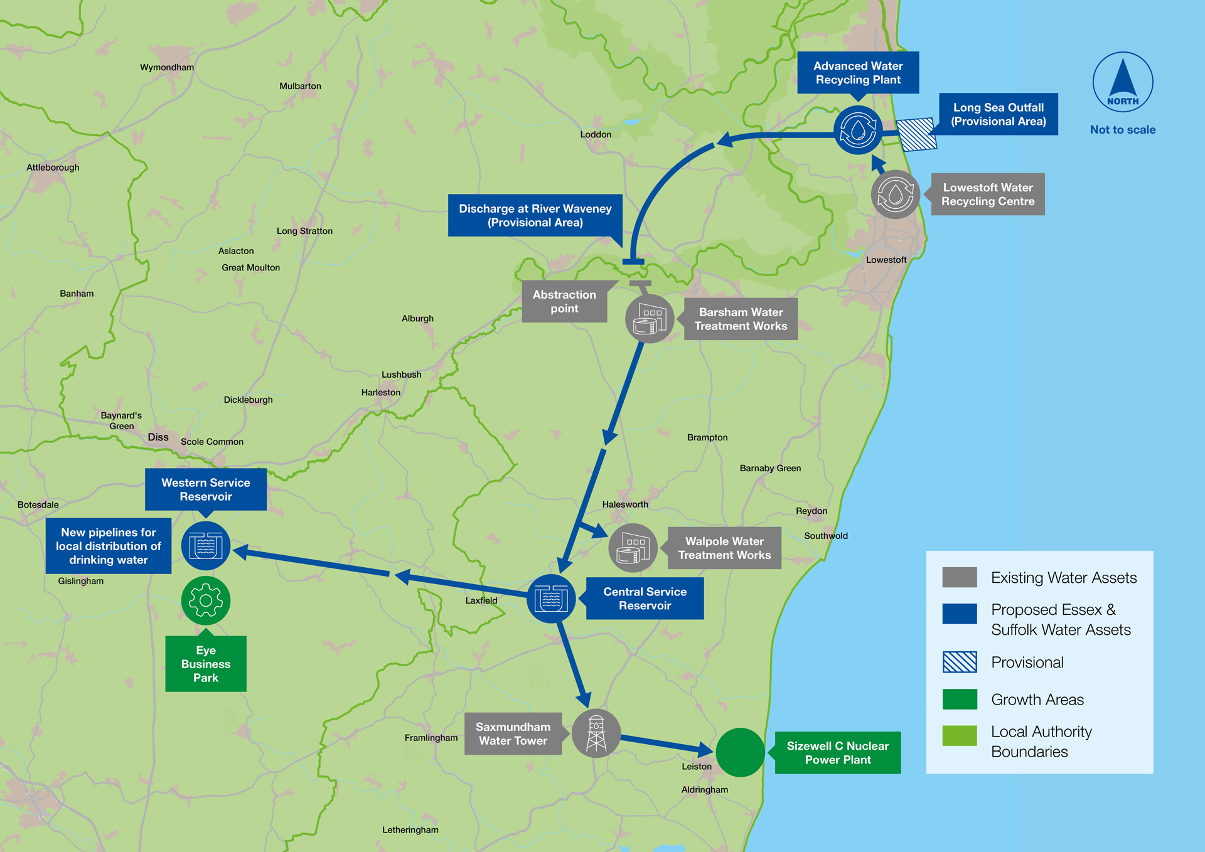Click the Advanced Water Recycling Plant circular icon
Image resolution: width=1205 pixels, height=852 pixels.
point(858,130)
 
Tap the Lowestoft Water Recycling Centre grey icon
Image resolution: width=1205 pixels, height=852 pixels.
point(896,194)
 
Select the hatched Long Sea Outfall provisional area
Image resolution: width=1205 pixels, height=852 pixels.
point(916,135)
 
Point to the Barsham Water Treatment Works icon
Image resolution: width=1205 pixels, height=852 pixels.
point(650,319)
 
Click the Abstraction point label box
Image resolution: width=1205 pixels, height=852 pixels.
point(564,302)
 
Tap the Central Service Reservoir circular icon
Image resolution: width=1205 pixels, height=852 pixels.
point(551,599)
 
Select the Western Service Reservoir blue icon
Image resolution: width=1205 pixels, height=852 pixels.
point(206,546)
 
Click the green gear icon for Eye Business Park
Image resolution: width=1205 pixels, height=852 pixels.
point(206,600)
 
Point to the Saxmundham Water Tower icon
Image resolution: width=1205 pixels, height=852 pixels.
point(596,733)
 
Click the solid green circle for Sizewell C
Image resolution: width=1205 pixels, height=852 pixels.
point(740,752)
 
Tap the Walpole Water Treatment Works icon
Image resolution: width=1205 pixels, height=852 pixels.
point(633,548)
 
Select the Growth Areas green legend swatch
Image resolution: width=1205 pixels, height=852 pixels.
point(960,699)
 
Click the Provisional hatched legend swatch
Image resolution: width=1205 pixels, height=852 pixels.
point(960,662)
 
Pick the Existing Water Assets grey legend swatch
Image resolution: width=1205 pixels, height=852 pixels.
point(960,577)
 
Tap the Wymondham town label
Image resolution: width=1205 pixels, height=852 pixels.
point(167,68)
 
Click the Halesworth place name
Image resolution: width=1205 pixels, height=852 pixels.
point(625,504)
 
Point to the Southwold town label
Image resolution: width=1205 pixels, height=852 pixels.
point(826,536)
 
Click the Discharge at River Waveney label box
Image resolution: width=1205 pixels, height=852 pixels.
point(535,215)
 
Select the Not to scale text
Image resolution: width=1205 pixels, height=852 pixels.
point(1123,130)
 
